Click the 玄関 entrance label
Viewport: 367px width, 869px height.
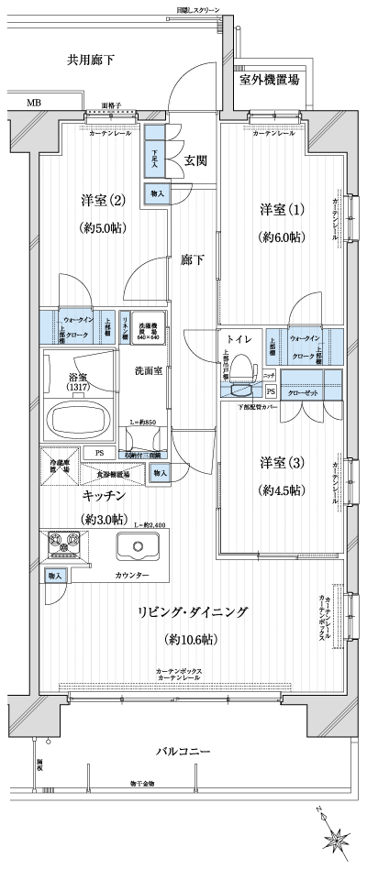pos(195,160)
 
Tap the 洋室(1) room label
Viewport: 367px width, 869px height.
pos(278,209)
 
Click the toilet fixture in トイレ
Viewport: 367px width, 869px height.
pos(240,369)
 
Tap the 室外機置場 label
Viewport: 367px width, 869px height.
pos(269,80)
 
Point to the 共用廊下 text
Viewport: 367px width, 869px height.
pos(90,60)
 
